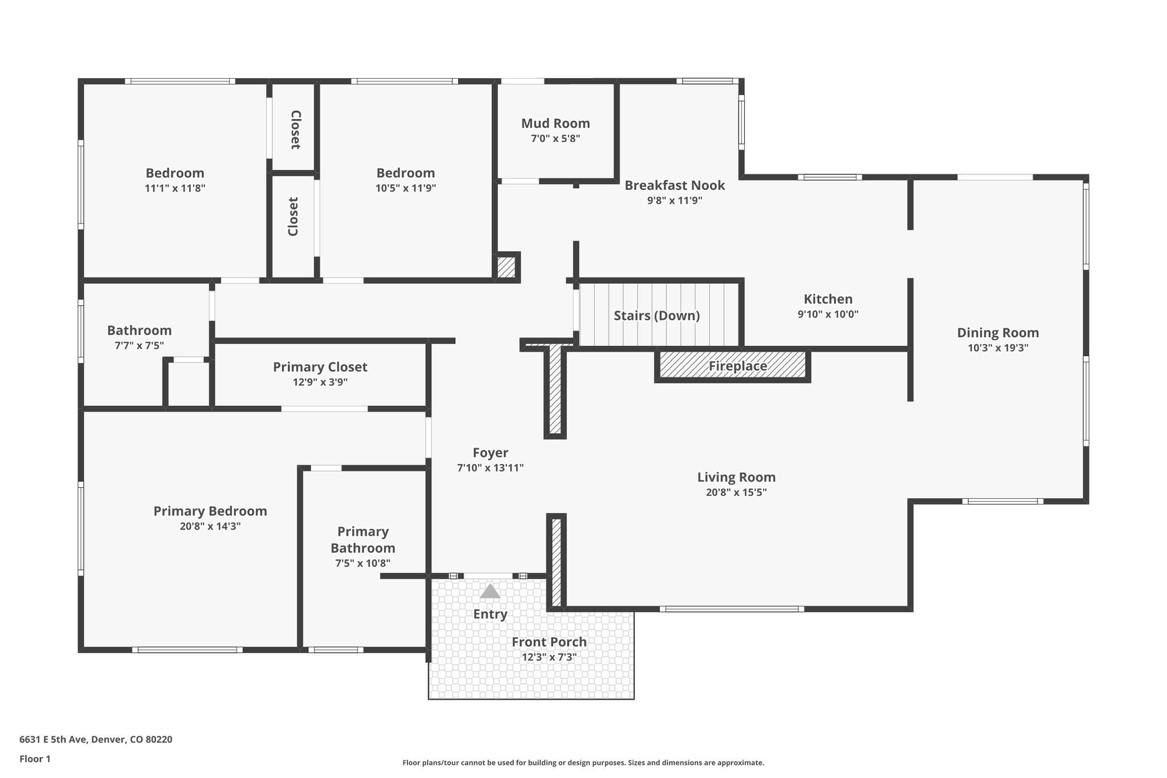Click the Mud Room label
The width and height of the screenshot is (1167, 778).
(555, 124)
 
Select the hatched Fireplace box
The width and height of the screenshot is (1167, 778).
(733, 366)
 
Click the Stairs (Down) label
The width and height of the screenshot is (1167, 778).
(656, 316)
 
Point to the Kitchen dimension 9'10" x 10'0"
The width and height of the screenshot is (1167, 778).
(827, 314)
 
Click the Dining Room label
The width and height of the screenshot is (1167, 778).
(997, 333)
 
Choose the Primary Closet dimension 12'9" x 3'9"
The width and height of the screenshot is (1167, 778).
(320, 382)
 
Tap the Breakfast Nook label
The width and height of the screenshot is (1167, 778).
(674, 185)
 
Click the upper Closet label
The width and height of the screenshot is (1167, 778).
(295, 130)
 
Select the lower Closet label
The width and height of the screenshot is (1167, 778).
(293, 217)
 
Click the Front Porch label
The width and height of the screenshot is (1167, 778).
(549, 642)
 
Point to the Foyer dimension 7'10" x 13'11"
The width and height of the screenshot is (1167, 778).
(490, 468)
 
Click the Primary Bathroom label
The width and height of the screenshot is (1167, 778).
(362, 540)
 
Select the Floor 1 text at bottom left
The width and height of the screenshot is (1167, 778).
(35, 759)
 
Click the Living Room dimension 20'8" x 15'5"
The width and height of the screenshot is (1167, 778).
(736, 492)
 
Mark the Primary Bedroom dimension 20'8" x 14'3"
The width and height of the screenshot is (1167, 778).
(210, 526)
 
